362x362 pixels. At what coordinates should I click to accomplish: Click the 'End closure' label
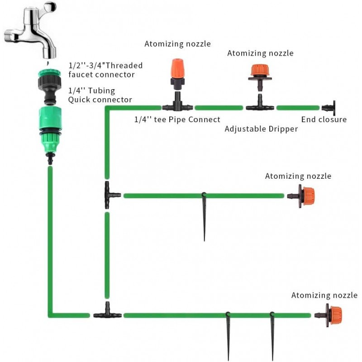tap(324, 119)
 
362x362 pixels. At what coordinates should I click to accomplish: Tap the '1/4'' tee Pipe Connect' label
tap(177, 119)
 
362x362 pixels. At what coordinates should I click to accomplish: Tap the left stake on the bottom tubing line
tap(228, 335)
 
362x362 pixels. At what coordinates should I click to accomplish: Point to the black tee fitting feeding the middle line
tap(109, 195)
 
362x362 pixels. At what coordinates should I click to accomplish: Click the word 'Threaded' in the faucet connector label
tap(123, 65)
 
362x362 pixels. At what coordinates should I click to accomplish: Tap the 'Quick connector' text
tap(100, 100)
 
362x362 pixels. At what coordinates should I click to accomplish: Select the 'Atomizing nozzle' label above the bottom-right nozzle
tap(324, 295)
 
